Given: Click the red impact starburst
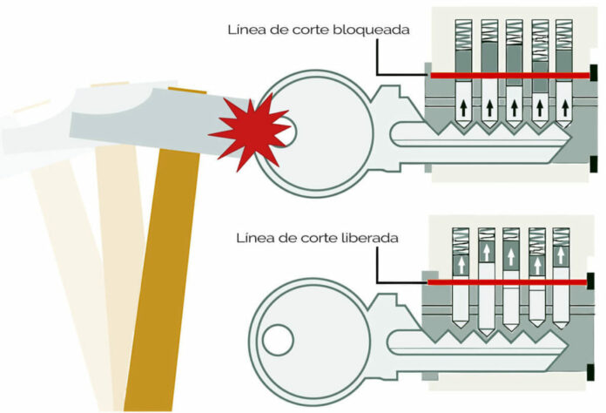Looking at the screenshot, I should (x=248, y=132).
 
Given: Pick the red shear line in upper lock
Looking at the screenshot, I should (x=505, y=77).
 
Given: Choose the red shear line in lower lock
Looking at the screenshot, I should (x=505, y=282).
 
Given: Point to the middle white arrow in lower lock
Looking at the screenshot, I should (x=511, y=260).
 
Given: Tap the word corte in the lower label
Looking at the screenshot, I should (x=320, y=237).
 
